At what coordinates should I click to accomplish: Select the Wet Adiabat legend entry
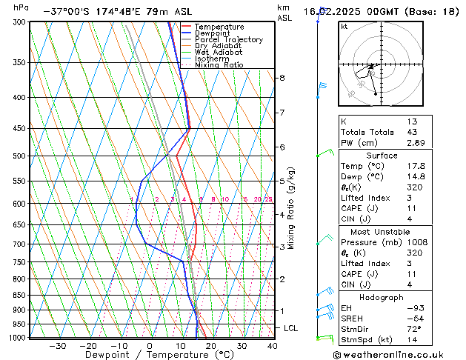219,53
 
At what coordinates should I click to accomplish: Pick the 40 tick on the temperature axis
273,346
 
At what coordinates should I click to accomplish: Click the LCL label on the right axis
291,327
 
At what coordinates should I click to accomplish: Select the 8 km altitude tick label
282,78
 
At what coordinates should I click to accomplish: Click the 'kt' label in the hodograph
344,27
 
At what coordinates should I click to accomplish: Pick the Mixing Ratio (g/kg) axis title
291,208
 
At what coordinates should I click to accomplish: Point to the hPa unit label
21,7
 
